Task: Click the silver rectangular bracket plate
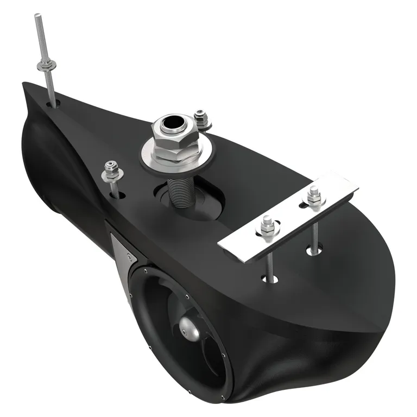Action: (288, 217)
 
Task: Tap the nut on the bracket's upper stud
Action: (313, 195)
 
